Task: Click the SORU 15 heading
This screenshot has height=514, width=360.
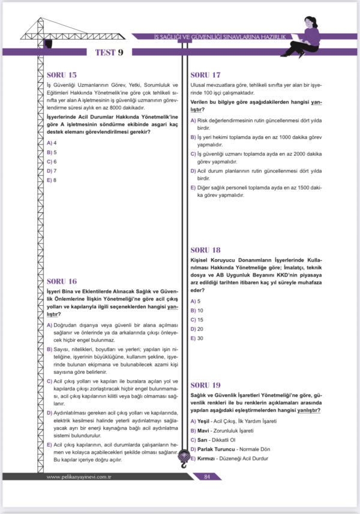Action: (61, 75)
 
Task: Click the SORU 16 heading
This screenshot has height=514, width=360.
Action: (61, 281)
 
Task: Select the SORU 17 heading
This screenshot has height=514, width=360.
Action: (205, 75)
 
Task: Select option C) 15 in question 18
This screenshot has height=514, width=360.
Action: (197, 320)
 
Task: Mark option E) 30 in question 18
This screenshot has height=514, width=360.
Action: (197, 338)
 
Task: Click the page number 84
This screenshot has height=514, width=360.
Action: (206, 477)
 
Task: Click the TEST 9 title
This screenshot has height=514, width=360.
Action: (109, 52)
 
